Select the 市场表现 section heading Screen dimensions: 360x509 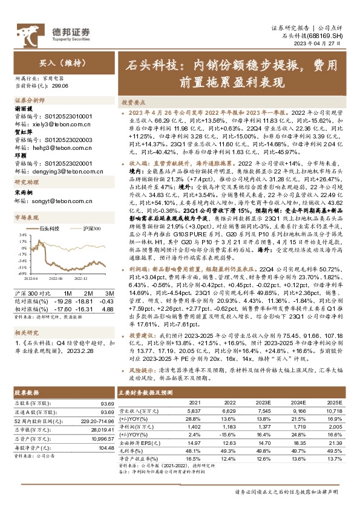26,216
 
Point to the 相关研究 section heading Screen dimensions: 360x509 26,332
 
